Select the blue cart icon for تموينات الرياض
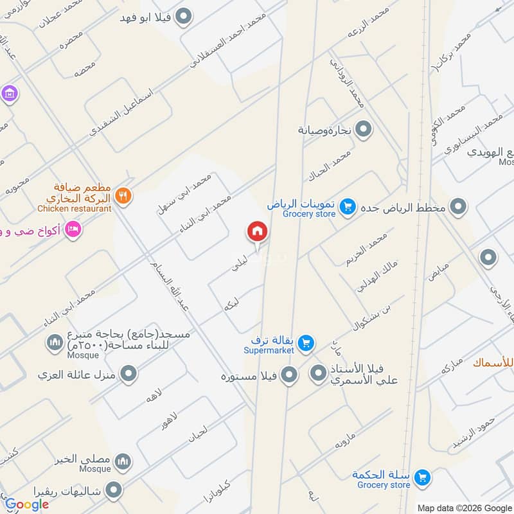[348, 206]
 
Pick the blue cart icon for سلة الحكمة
[422, 477]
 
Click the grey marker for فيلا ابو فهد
[184, 17]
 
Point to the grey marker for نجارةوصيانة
[364, 130]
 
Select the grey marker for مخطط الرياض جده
[458, 207]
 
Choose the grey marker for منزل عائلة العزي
[129, 373]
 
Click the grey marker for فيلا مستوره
[290, 373]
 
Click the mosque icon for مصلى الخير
[123, 461]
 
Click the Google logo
[27, 504]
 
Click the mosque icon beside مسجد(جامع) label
[54, 341]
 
